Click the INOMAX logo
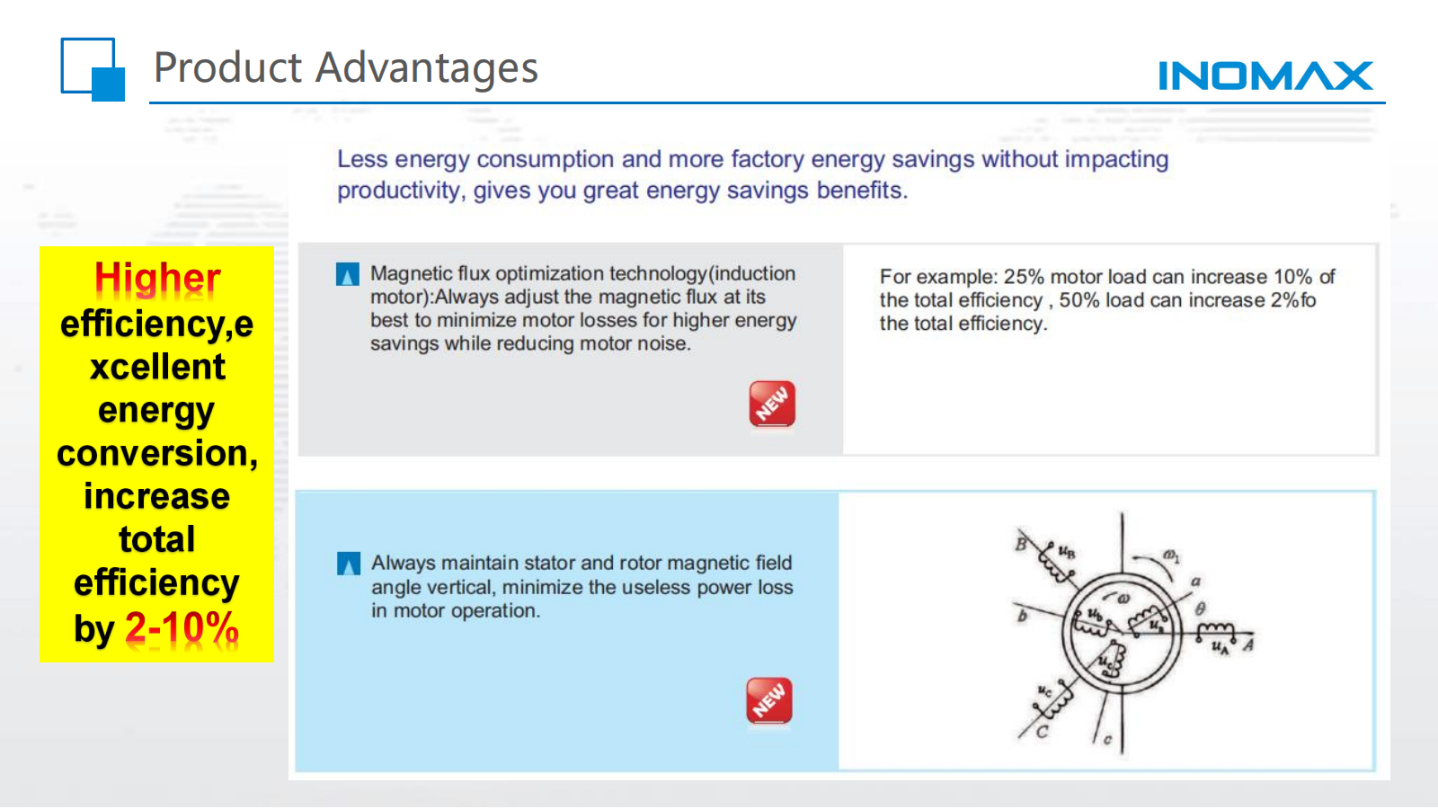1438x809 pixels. pos(1265,76)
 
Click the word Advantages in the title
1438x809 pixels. pos(426,67)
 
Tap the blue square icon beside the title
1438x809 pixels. pos(93,69)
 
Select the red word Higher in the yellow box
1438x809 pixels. pos(157,279)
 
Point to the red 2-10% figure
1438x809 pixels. pos(182,627)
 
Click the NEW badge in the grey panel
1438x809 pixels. pos(772,404)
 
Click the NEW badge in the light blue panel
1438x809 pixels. pos(769,700)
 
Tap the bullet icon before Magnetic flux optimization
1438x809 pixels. pos(347,274)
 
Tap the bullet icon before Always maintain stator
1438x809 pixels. pos(349,564)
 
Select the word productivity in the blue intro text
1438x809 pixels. pos(399,191)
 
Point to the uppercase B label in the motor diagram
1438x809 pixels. pos(1021,545)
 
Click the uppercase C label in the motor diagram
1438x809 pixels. pos(1042,732)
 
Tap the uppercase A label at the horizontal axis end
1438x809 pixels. pos(1248,644)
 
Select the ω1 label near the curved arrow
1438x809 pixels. pos(1171,556)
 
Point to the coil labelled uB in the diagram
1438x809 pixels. pos(1056,565)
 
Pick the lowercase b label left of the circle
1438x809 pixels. pos(1022,617)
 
